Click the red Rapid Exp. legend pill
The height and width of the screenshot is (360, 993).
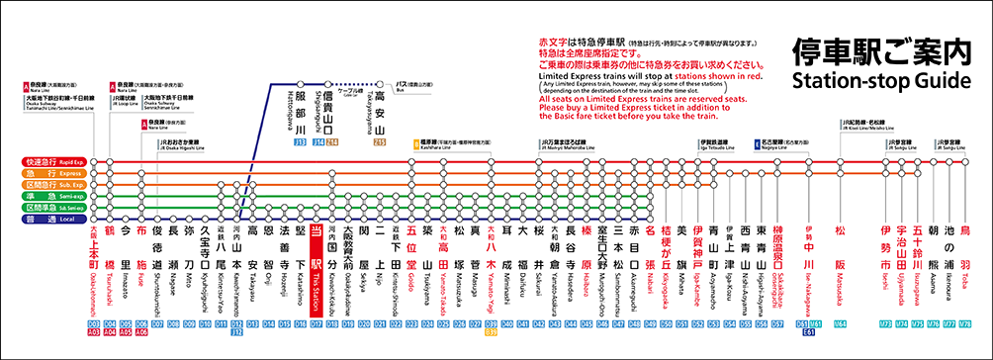click(59, 161)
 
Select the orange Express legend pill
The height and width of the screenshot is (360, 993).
click(59, 173)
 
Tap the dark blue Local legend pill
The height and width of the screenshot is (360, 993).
click(59, 219)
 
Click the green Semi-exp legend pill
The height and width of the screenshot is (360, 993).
click(59, 196)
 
